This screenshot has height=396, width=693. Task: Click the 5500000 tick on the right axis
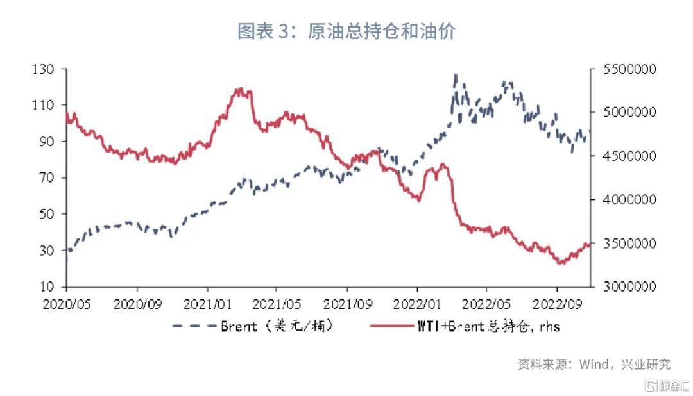coord(628,69)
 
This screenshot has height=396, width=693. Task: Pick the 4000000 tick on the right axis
coord(628,199)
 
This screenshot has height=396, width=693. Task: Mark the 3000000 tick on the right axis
coord(628,286)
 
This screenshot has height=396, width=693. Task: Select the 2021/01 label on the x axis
coord(207,302)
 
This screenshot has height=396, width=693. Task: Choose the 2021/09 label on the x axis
coord(347,302)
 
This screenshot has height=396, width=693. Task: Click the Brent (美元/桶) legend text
coord(277,326)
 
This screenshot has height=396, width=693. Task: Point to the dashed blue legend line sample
coord(194,326)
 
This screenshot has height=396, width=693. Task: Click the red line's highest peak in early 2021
coord(240,88)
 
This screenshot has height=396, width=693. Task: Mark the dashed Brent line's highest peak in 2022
coord(456,76)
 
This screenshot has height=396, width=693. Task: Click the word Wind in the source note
coord(594,365)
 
